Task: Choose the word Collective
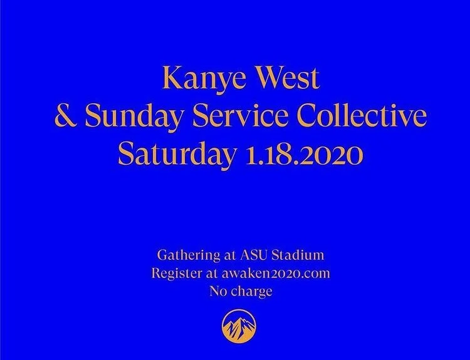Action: click(361, 118)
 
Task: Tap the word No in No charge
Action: click(218, 291)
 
